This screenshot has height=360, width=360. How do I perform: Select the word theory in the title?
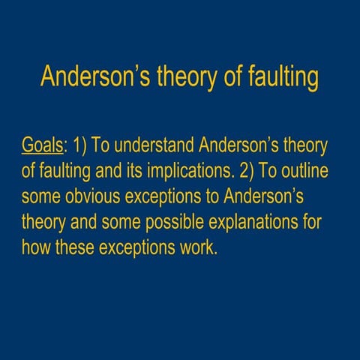click(185, 77)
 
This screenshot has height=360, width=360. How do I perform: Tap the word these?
click(77, 247)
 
